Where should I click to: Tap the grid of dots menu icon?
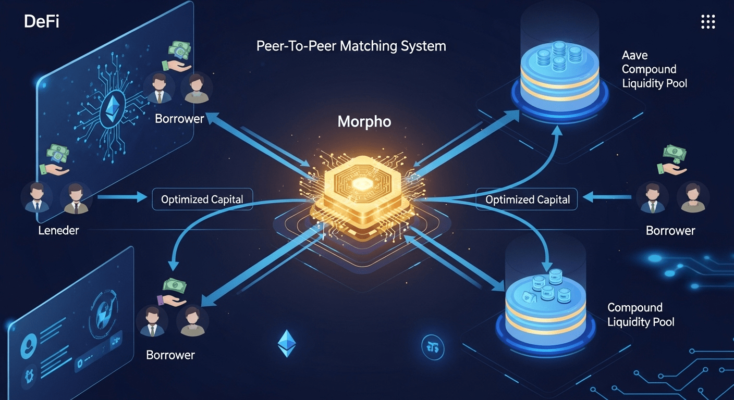707,22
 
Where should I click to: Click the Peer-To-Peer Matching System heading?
351,46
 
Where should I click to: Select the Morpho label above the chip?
364,122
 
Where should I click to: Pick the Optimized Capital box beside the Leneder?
202,199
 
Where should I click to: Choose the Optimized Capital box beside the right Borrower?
528,199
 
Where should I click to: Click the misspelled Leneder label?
58,230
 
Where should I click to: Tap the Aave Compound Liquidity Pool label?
654,69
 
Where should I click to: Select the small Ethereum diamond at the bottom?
286,343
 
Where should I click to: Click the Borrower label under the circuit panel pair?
179,119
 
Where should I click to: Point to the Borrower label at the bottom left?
170,355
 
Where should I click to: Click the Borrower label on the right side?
670,230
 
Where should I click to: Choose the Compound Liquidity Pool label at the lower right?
641,315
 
